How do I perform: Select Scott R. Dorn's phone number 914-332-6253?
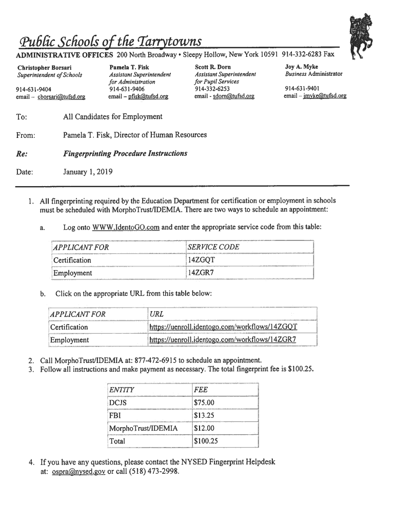coord(212,89)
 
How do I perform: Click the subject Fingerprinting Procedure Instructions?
coord(125,153)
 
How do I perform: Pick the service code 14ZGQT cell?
coord(201,260)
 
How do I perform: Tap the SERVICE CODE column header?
coord(213,247)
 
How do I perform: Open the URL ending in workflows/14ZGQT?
coord(223,327)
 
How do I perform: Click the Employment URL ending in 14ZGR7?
coord(223,339)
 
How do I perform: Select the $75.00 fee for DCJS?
coord(204,402)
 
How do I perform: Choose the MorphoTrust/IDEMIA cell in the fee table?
coord(143,428)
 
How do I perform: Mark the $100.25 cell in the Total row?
coord(206,441)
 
